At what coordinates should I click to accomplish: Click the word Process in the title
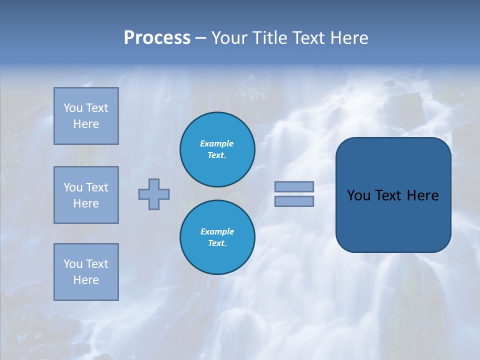(x=157, y=38)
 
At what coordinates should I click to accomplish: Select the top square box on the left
(x=86, y=116)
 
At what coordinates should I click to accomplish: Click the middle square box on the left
(x=86, y=195)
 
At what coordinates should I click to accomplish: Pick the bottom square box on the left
(x=86, y=272)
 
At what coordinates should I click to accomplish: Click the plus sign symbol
(x=154, y=194)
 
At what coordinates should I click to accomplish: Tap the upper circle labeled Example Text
(x=217, y=149)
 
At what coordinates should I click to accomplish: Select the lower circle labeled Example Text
(x=217, y=237)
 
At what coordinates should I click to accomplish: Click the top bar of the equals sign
(x=294, y=186)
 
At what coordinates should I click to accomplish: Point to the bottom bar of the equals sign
(x=294, y=201)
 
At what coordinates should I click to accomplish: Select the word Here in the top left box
(x=86, y=124)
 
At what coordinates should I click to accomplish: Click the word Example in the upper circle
(x=216, y=143)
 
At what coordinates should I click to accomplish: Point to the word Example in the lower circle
(x=217, y=231)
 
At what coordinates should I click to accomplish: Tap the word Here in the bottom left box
(x=86, y=280)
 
